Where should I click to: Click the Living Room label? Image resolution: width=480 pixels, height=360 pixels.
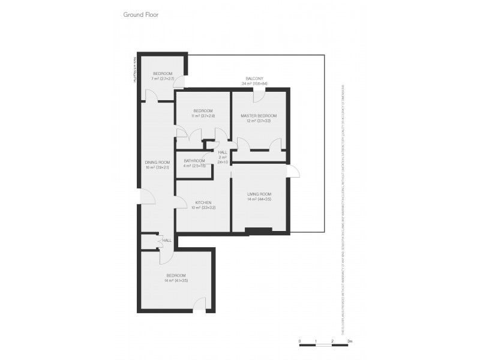259,194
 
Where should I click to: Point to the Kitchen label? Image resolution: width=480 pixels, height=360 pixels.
203,203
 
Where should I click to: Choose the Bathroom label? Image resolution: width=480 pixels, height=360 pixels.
194,161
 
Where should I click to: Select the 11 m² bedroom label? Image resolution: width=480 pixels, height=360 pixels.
203,110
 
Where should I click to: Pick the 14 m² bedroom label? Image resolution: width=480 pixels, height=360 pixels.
176,275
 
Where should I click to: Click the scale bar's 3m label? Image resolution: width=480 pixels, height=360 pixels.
350,340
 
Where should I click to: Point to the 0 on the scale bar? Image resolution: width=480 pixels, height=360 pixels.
299,340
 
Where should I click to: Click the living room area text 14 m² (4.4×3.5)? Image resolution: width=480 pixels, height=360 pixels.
259,199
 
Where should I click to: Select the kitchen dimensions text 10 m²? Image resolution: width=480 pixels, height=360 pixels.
203,208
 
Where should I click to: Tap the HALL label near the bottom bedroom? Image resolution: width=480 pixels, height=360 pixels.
167,240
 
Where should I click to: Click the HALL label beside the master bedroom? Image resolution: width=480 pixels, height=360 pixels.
223,152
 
